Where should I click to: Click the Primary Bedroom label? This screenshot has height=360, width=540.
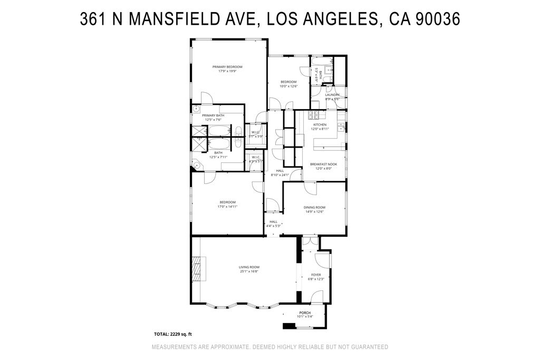(227, 67)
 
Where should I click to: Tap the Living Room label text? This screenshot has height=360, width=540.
(249, 267)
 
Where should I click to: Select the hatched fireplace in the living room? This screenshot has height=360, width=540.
(197, 269)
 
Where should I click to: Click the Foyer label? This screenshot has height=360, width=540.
(316, 275)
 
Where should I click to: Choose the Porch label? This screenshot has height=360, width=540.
(305, 313)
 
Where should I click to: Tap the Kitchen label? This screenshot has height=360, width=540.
(320, 125)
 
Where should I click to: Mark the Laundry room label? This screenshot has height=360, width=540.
(332, 95)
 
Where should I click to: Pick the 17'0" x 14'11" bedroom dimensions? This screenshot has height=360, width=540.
(227, 207)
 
